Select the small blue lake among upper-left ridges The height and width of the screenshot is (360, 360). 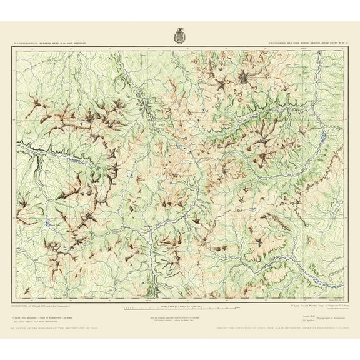(x=84, y=126)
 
